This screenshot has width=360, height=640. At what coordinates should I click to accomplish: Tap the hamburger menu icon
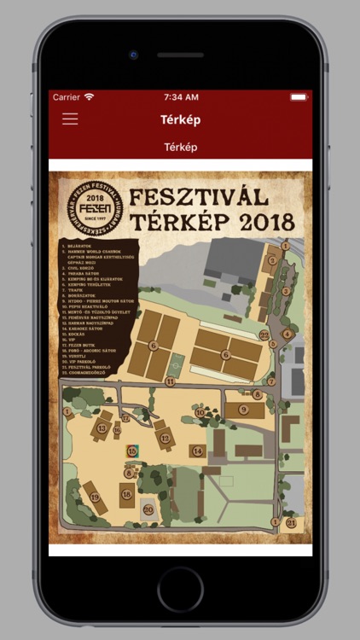[x=70, y=119]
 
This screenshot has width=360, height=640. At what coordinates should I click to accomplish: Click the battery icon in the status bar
[x=298, y=97]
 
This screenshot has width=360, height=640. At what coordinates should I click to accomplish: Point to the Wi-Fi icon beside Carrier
[x=90, y=97]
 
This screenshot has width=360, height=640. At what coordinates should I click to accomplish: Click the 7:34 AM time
[x=180, y=97]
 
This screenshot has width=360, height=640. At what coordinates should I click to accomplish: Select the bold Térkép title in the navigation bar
[x=180, y=119]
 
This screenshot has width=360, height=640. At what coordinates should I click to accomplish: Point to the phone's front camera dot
[x=134, y=55]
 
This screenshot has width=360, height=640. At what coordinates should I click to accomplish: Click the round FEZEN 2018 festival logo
[x=95, y=209]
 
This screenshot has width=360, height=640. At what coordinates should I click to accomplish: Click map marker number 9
[x=242, y=410]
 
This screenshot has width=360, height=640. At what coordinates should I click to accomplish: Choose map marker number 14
[x=198, y=450]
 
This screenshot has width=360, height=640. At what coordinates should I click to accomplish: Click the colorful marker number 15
[x=131, y=450]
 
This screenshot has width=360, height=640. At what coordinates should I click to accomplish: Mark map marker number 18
[x=127, y=494]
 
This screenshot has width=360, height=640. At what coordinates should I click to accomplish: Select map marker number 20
[x=148, y=509]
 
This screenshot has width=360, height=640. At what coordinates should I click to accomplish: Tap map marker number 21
[x=291, y=522]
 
